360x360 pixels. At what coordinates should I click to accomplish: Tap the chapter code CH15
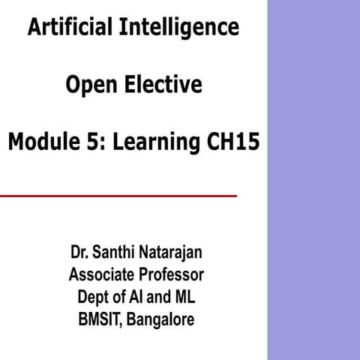[232, 142]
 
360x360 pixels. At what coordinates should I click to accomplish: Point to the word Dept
[93, 296]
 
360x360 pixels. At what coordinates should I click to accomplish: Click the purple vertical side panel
[313, 180]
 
